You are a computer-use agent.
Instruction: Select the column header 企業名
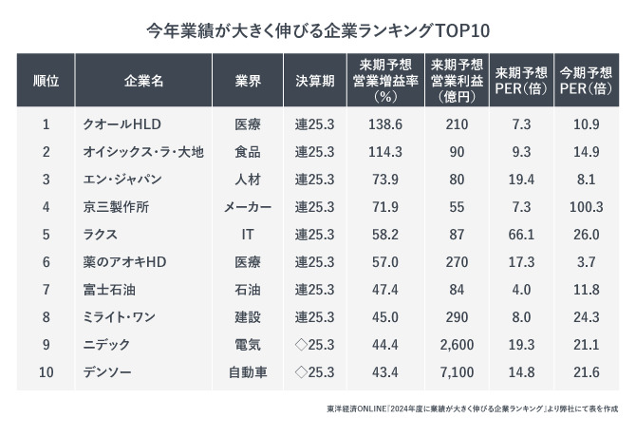click(143, 81)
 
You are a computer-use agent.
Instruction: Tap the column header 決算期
click(314, 81)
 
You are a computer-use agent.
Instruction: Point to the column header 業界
click(248, 81)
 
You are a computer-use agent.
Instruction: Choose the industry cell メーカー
click(248, 206)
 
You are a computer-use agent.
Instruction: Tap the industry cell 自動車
click(248, 370)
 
